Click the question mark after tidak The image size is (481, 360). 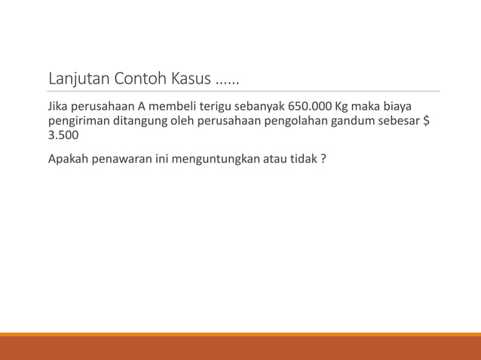click(x=323, y=159)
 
